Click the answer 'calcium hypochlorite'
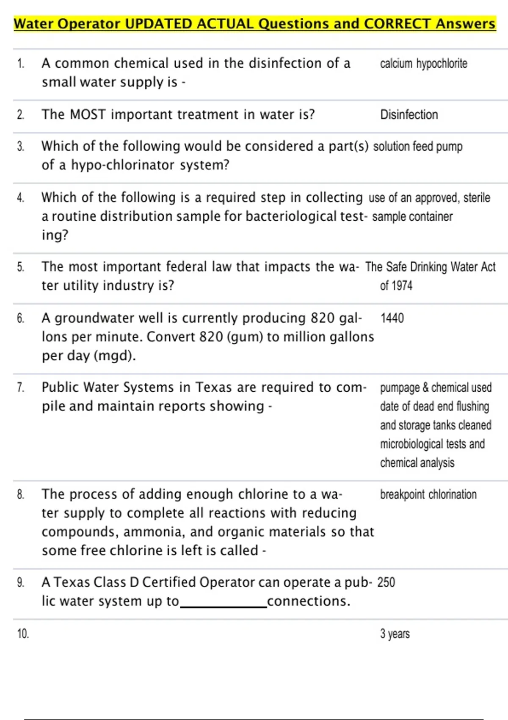click(423, 64)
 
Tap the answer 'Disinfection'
click(409, 115)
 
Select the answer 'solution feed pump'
click(417, 147)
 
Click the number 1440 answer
click(392, 318)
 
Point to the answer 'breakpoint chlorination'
click(428, 494)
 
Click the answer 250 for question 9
click(386, 582)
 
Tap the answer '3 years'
click(395, 634)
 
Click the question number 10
click(23, 634)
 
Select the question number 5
click(20, 267)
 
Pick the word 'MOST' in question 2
click(87, 115)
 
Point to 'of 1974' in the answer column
click(396, 286)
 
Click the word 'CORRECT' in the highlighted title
click(397, 24)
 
